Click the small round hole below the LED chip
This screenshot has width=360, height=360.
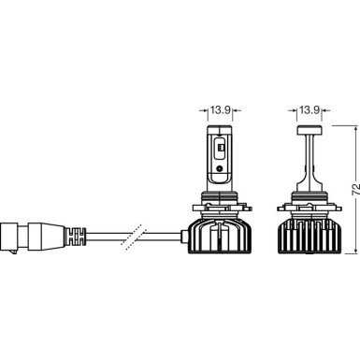(x=219, y=172)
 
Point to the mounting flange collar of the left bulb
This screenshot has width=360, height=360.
(x=218, y=224)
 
